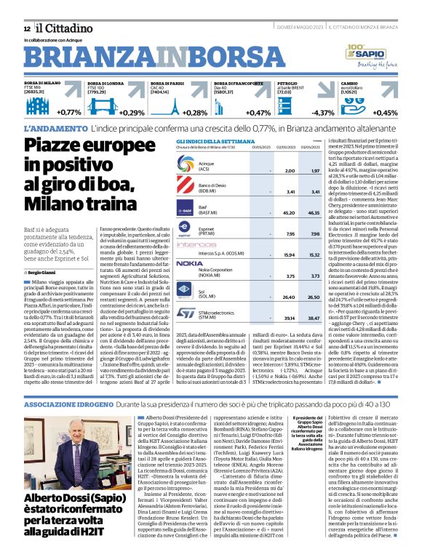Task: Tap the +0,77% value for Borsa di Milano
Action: (69, 113)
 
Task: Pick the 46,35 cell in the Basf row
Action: (314, 213)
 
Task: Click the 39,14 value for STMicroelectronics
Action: (290, 318)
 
